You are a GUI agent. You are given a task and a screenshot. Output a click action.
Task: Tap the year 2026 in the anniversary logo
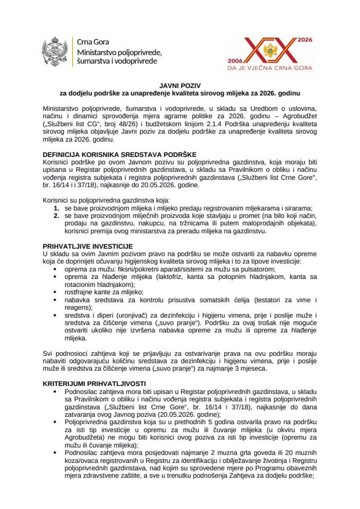pos(304,40)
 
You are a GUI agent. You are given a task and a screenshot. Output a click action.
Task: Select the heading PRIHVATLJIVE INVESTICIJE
pos(87,245)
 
